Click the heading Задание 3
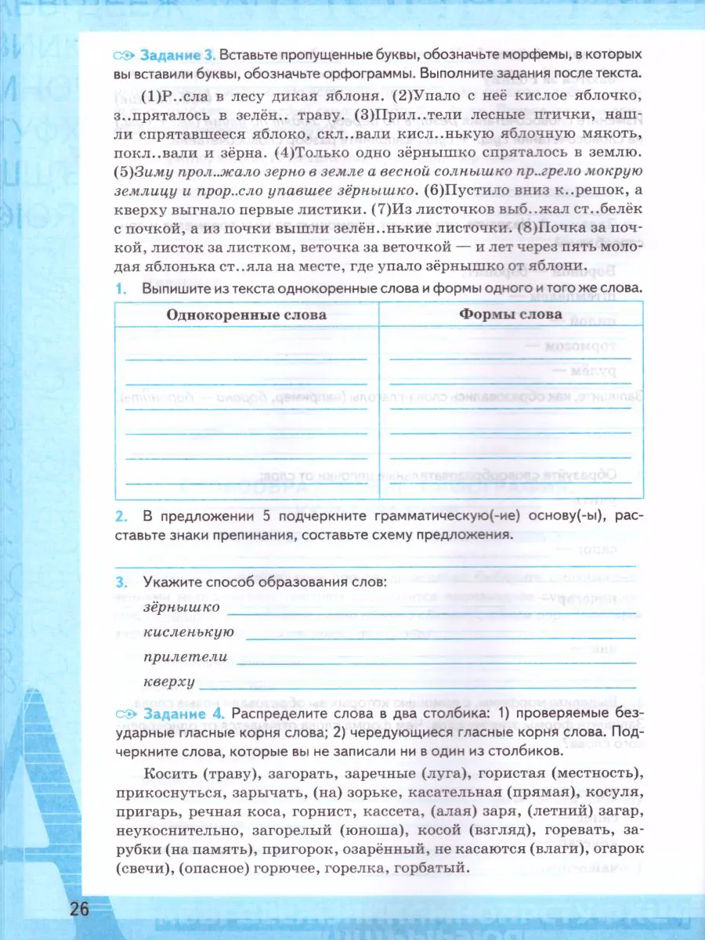click(x=176, y=56)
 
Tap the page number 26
click(x=80, y=909)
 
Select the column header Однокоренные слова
click(x=247, y=315)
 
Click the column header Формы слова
click(x=510, y=314)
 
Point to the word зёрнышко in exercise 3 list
click(x=182, y=606)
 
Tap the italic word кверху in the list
click(x=169, y=681)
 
